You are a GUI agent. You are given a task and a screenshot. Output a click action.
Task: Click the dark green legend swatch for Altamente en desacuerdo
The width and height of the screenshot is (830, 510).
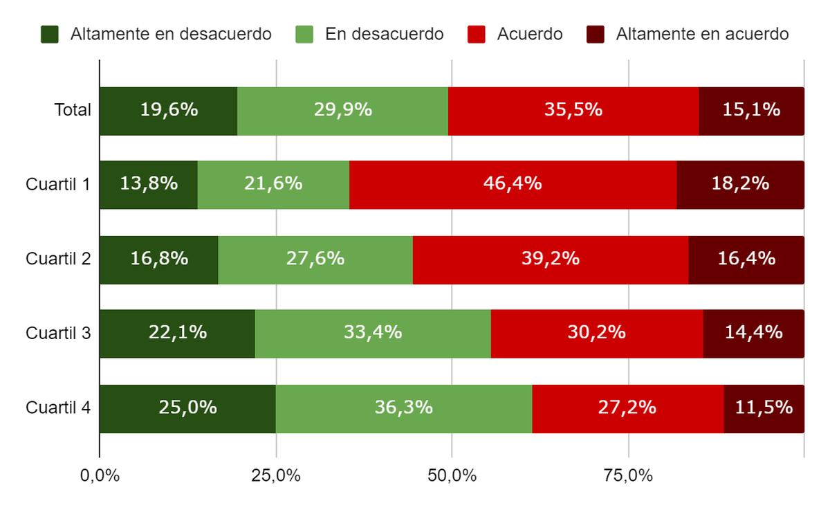[50, 34]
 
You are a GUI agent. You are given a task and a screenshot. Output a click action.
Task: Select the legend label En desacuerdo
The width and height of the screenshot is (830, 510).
[384, 34]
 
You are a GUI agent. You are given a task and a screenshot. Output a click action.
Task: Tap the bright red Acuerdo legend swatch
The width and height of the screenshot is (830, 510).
[477, 34]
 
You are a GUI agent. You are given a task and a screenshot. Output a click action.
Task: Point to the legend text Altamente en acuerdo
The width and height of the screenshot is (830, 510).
[702, 34]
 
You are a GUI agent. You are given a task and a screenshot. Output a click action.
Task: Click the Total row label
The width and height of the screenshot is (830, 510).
[73, 110]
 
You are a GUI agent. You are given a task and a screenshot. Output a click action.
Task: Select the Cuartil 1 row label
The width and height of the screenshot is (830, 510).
[58, 184]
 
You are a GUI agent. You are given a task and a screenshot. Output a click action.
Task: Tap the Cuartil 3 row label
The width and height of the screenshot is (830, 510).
[58, 333]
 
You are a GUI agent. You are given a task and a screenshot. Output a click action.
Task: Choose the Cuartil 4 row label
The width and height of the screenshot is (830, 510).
[58, 408]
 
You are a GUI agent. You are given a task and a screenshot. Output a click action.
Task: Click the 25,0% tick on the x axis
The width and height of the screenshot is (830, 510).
[276, 476]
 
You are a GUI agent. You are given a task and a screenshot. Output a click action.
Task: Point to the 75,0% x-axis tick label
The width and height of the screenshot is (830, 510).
[628, 476]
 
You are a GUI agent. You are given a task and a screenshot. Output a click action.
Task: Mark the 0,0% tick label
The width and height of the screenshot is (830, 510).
[100, 476]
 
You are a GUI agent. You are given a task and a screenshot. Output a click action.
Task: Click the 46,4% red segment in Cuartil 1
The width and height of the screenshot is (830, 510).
[513, 184]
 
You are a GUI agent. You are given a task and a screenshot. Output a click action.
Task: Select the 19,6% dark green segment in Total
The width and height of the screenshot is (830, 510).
[169, 111]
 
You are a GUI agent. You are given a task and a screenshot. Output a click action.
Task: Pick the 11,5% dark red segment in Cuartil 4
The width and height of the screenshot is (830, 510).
[764, 408]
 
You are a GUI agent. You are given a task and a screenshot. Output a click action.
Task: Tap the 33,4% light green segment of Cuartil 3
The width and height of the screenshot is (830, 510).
[373, 333]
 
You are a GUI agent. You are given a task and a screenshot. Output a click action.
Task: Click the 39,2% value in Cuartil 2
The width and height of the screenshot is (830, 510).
[551, 259]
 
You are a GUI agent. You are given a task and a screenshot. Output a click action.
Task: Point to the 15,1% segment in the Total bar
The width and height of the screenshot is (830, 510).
[751, 111]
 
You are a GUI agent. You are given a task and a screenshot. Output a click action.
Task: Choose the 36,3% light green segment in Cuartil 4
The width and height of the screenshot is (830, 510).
[404, 408]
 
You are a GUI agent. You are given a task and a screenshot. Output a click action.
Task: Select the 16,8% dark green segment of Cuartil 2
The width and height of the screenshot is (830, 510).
[159, 259]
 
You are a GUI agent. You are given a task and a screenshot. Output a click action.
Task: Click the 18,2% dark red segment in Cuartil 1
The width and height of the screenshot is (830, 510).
[740, 184]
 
